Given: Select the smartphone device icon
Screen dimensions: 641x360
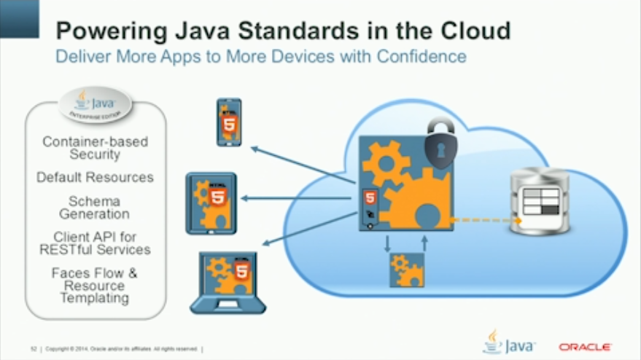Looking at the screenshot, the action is point(229,122).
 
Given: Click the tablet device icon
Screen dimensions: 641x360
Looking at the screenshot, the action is point(211,203).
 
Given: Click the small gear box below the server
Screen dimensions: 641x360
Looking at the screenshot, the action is point(407,270).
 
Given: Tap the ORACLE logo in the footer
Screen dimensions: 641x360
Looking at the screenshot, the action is point(584,347).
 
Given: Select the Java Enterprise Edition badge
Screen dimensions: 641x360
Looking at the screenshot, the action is point(95,105).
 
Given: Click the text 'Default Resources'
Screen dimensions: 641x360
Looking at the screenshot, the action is point(95,177).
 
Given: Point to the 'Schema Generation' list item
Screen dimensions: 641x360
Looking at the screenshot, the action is point(95,207).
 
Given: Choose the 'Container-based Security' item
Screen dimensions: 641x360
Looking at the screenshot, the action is point(95,147).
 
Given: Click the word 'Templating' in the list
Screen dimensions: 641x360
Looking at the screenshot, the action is point(95,297).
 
